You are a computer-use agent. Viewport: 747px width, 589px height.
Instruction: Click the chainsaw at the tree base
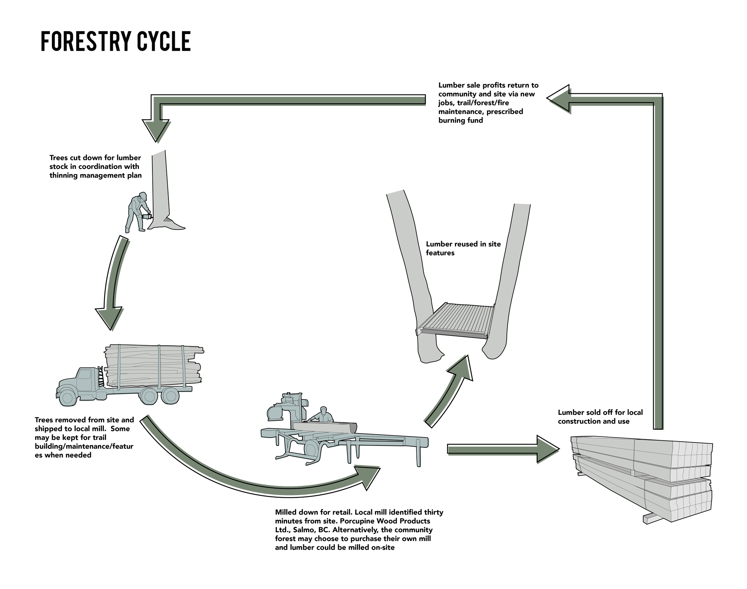[x=146, y=216]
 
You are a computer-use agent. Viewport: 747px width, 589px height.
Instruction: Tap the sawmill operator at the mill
[x=323, y=415]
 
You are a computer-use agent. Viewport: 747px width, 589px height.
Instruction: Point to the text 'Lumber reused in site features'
[x=463, y=249]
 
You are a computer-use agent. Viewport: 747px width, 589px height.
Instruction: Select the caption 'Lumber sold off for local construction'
[x=600, y=417]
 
